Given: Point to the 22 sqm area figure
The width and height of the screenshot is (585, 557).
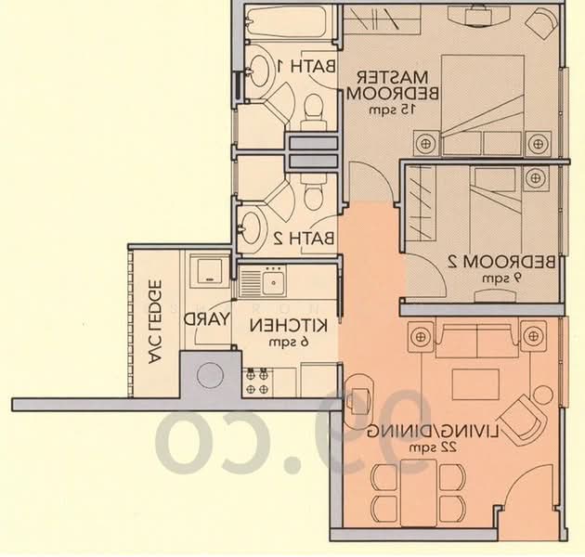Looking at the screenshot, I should [x=439, y=449].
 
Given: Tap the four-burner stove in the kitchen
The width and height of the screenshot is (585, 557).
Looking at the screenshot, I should [x=258, y=379].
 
